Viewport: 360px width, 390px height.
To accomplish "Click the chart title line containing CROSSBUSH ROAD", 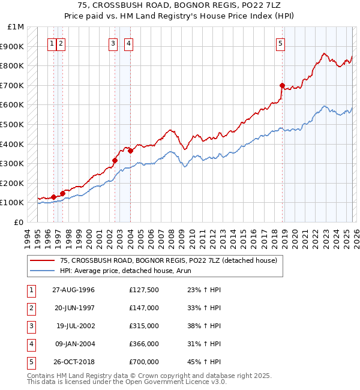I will [179, 5].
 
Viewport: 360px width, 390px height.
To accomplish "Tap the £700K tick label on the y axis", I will [12, 85].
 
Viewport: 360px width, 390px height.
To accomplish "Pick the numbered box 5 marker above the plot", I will [281, 43].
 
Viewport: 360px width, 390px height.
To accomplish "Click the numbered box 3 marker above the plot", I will [113, 43].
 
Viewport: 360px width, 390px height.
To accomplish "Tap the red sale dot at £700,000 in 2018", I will [282, 85].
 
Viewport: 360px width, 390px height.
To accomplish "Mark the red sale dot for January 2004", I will [130, 151].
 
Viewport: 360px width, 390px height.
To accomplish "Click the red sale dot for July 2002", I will [115, 160].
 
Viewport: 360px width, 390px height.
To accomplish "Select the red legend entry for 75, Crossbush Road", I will [168, 260].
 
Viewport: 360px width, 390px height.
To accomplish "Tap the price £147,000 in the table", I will [144, 308].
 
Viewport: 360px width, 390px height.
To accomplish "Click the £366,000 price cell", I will [144, 344].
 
